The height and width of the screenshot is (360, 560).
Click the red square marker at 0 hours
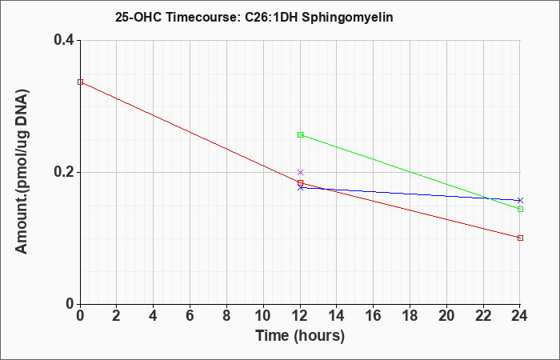point(80,82)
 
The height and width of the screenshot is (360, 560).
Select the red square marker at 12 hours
point(300,183)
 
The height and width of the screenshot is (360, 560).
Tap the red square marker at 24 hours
point(520,238)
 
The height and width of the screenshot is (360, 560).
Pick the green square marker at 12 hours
point(300,134)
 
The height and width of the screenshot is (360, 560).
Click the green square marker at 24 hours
point(520,209)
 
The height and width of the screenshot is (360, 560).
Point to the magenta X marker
point(300,173)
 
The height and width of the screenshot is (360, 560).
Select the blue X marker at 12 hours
point(300,187)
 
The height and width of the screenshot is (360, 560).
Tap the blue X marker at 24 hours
point(520,200)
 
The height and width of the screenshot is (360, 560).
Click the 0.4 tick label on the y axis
point(64,40)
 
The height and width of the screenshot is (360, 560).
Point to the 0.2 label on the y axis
point(64,172)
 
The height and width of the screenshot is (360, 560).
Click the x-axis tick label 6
point(190,316)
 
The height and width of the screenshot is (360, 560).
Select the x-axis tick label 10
point(263,316)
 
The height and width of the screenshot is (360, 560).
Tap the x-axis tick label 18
point(410,316)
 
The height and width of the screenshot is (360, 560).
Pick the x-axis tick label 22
point(483,316)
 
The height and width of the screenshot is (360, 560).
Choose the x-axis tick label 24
point(520,316)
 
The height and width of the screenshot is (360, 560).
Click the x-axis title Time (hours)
point(300,336)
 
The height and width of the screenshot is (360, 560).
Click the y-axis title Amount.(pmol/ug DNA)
point(22,172)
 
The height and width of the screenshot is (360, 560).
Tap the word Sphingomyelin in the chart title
point(347,17)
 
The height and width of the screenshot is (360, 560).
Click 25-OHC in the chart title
point(138,17)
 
